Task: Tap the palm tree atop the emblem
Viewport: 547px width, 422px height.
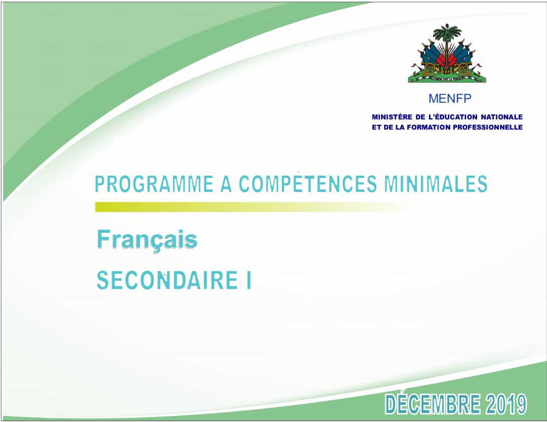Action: pos(446,35)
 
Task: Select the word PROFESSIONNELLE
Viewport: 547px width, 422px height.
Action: pos(491,128)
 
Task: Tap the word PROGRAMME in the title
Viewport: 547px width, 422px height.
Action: pos(154,185)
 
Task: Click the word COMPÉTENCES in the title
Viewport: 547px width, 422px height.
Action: pos(308,185)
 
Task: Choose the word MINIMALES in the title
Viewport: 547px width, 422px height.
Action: pos(436,185)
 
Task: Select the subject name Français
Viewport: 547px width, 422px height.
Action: pos(147,240)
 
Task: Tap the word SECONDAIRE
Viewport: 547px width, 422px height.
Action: pos(165,281)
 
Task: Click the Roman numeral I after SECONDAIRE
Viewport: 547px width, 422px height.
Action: pos(248,281)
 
